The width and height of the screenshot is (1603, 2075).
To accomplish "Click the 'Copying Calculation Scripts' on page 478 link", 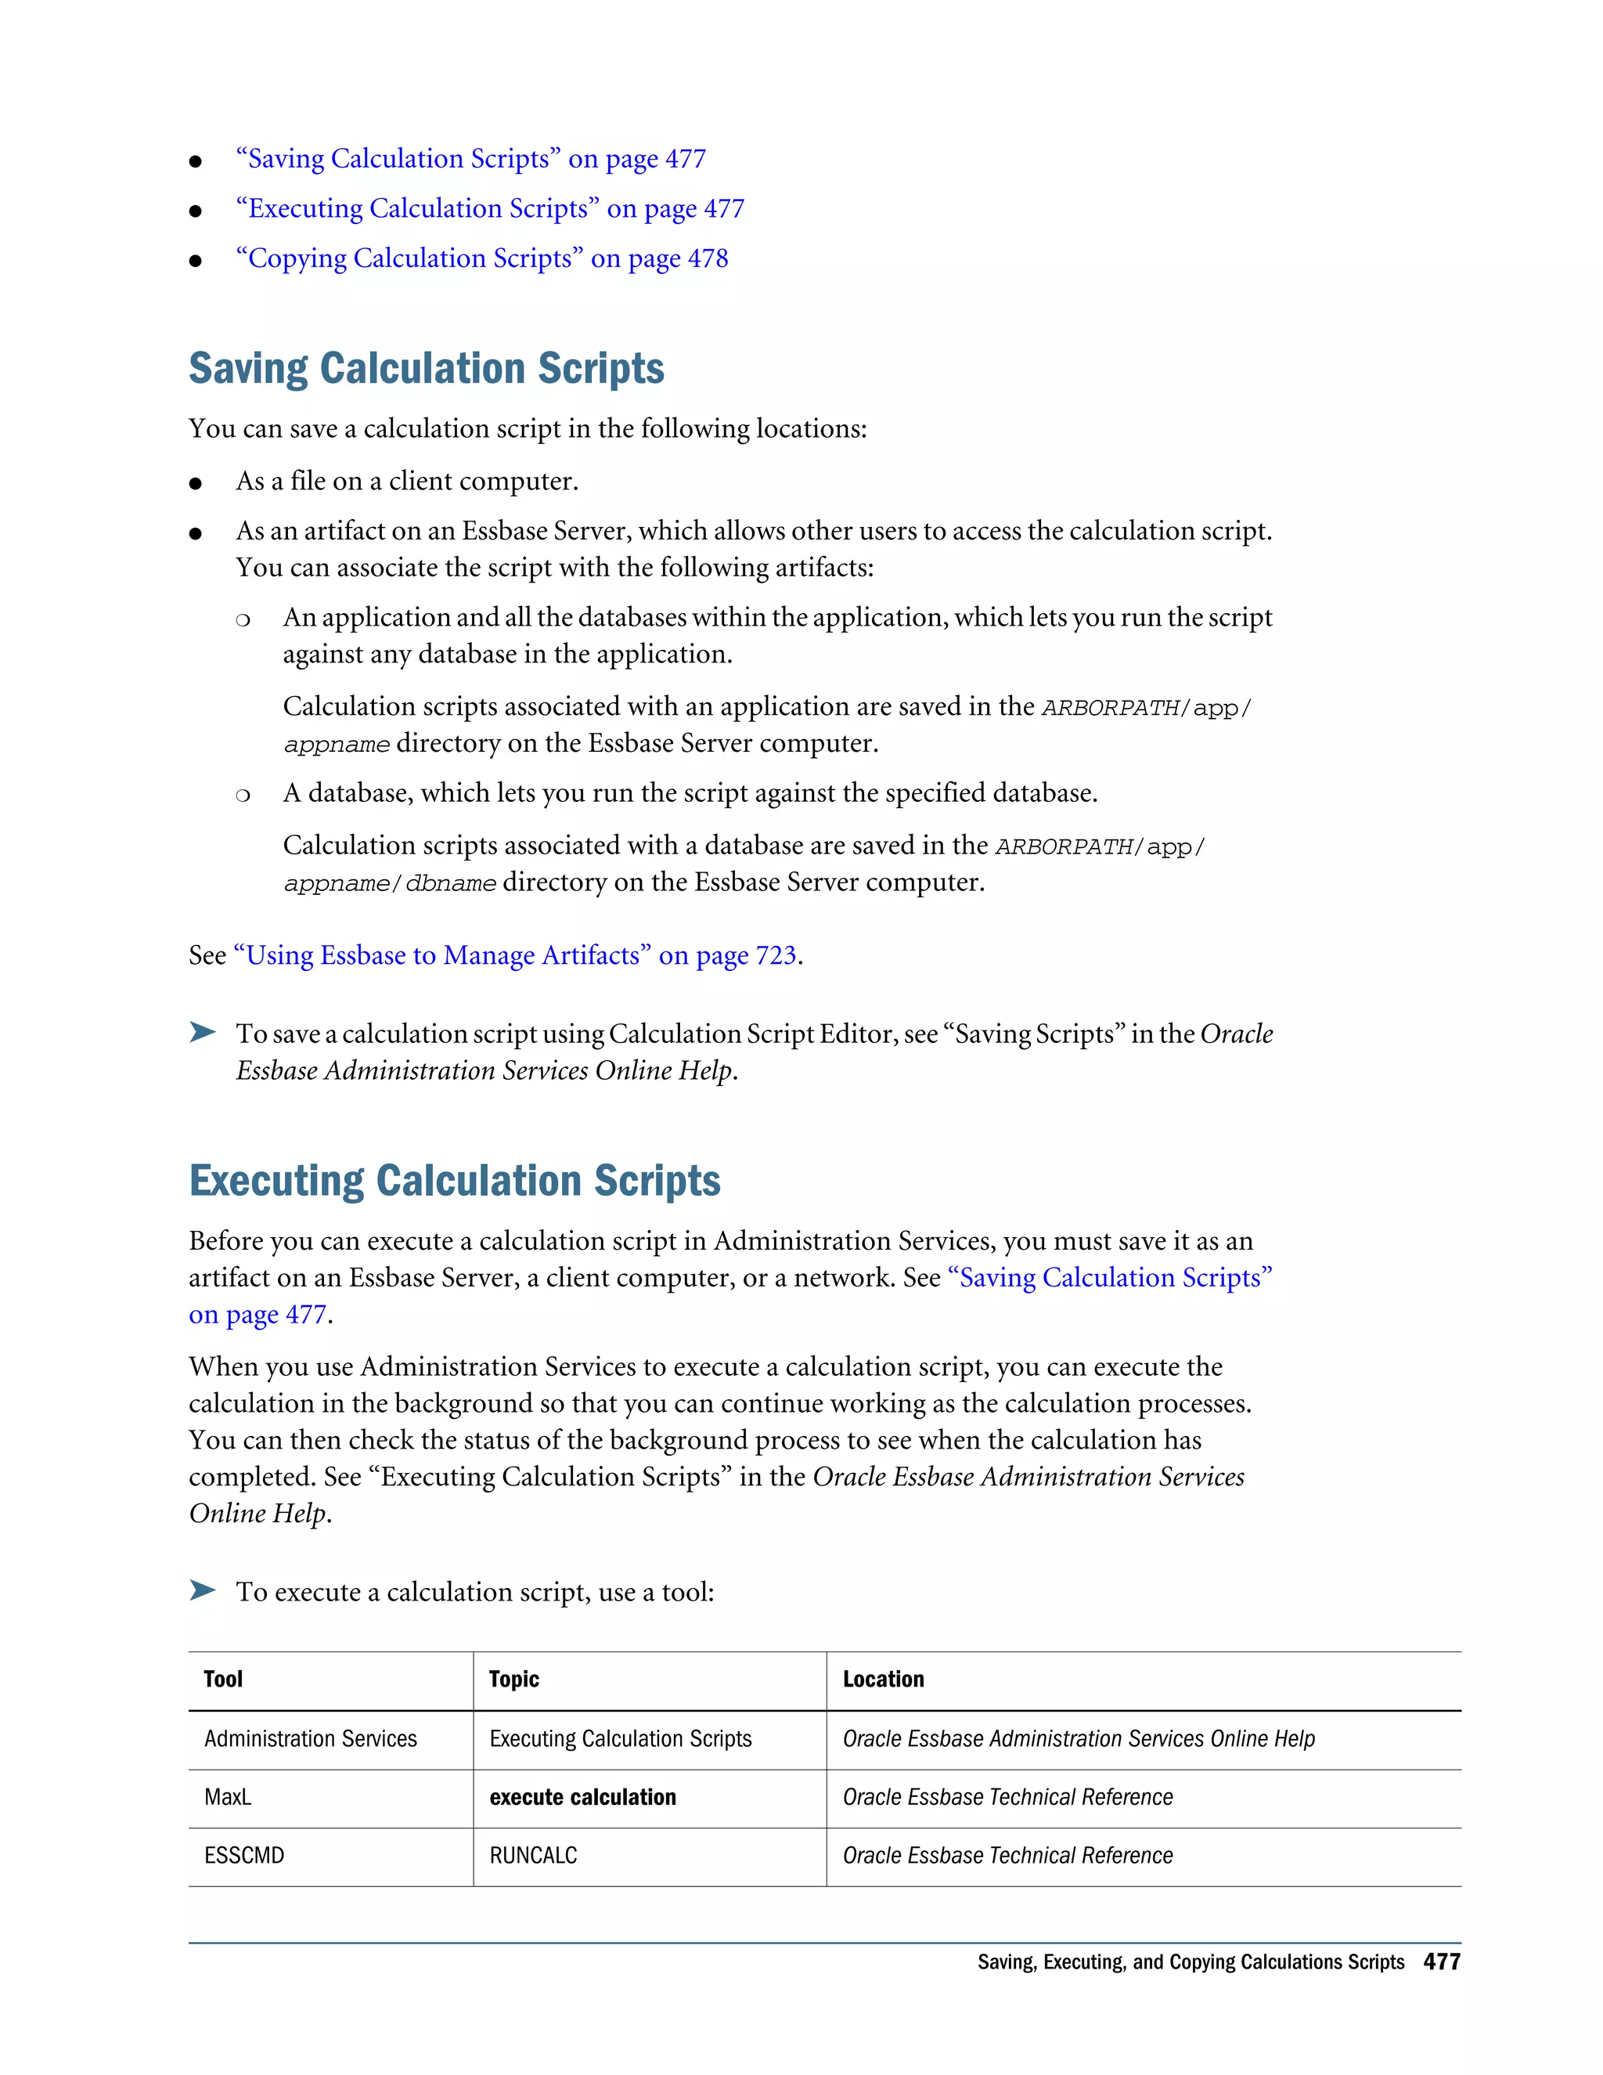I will (481, 258).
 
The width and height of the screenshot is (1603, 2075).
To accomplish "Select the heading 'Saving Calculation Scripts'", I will (426, 369).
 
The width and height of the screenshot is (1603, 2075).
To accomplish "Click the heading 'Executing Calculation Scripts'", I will (454, 1181).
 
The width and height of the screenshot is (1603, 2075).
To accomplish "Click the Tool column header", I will (223, 1679).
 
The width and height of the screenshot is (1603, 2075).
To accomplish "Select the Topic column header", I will (513, 1679).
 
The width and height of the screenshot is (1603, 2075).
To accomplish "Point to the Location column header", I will (882, 1679).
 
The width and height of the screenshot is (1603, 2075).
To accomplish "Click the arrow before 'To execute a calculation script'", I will (202, 1590).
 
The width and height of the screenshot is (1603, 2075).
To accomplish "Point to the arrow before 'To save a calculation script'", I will (202, 1032).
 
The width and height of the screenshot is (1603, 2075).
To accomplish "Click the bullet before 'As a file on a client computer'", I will (196, 484).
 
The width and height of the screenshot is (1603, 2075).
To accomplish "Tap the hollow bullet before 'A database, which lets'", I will (243, 796).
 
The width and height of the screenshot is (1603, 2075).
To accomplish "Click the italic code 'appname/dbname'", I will (389, 883).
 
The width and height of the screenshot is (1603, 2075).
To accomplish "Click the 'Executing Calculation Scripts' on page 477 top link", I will (490, 209).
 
